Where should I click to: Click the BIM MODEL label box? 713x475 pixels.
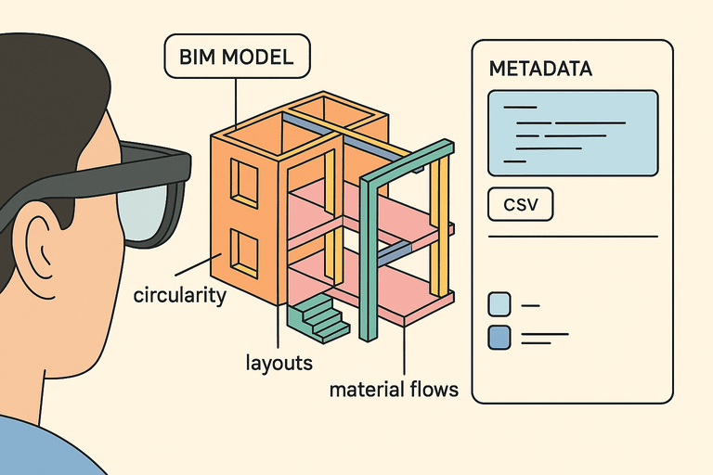point(237,58)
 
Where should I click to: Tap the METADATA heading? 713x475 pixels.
point(540,69)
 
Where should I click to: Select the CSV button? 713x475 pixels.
point(520,205)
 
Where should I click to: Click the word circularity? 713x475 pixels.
point(180,297)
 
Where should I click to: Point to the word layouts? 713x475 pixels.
point(279,362)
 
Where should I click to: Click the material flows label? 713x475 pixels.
point(394,389)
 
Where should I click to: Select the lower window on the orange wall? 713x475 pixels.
point(244,253)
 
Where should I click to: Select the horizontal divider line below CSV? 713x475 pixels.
point(572,237)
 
